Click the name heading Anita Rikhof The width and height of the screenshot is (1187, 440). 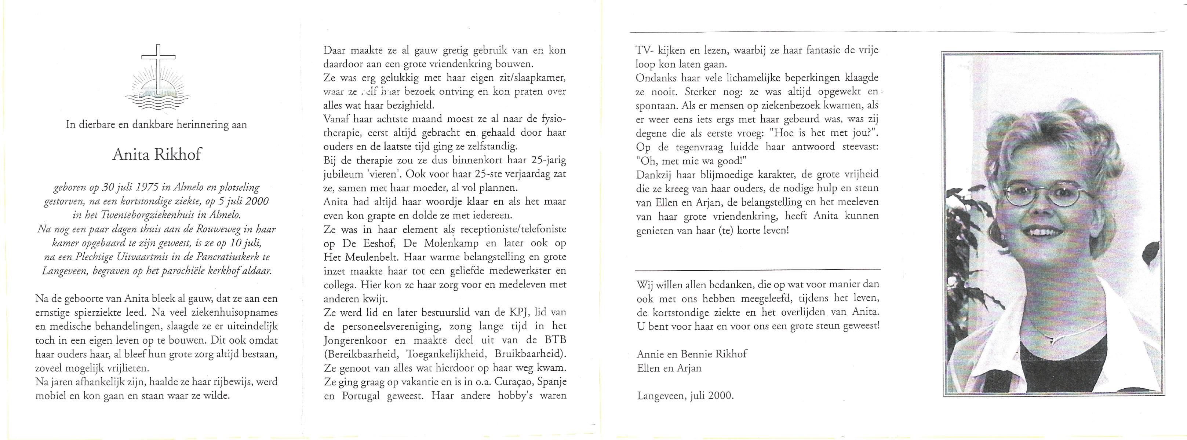[x=157, y=155]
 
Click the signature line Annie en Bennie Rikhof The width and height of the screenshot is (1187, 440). [x=692, y=354]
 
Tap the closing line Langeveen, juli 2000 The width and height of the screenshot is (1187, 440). [x=684, y=396]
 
